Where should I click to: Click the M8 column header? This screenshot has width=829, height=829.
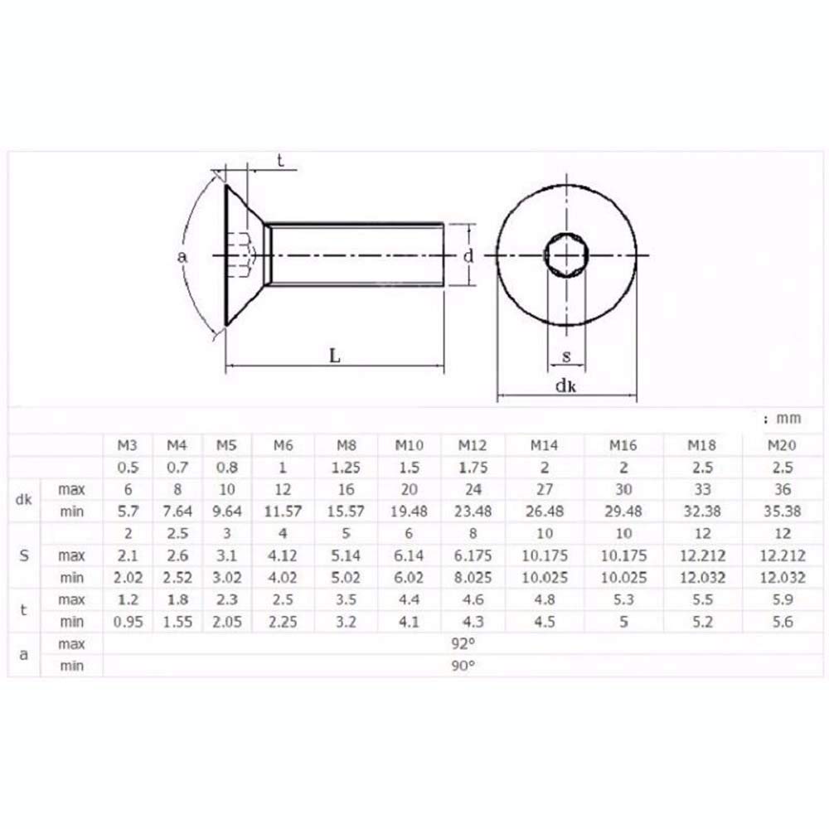[347, 445]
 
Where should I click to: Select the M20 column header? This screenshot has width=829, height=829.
[782, 445]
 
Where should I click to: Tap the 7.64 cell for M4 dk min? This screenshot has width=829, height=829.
[177, 511]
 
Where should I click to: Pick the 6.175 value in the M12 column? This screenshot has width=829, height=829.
[473, 555]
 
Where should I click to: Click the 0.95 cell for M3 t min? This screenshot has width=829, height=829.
[128, 622]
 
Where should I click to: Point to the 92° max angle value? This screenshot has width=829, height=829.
[463, 643]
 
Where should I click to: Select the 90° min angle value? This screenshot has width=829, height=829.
[463, 666]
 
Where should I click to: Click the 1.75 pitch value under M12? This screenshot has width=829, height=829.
[473, 468]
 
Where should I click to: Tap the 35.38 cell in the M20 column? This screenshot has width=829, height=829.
[782, 511]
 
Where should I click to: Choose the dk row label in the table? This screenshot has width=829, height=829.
[24, 500]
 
